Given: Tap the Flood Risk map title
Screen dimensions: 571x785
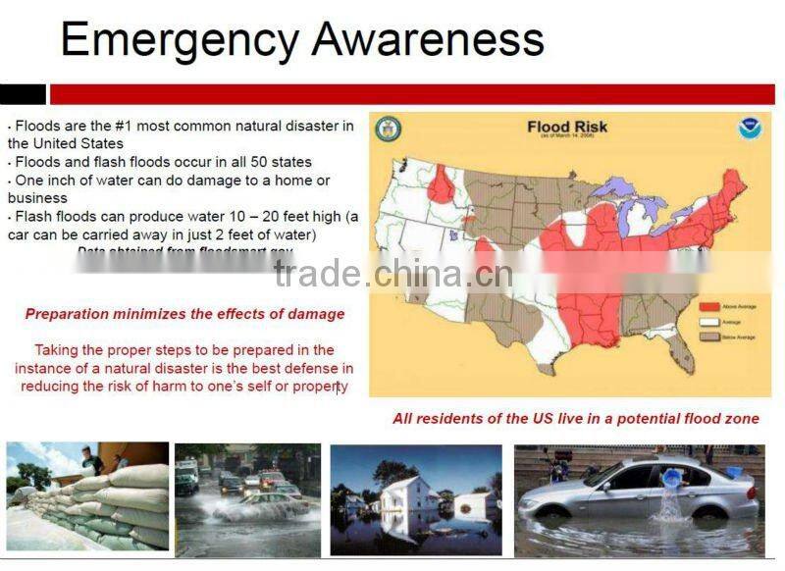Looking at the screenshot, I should click(568, 127).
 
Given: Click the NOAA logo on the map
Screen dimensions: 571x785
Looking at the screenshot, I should click(751, 129).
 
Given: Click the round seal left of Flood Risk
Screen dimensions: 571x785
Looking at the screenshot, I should click(389, 129).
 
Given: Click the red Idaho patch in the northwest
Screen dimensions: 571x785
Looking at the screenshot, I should click(441, 184).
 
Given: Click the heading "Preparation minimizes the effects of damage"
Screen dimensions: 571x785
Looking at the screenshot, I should click(184, 314).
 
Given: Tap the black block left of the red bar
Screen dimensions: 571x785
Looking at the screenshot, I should click(23, 94).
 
